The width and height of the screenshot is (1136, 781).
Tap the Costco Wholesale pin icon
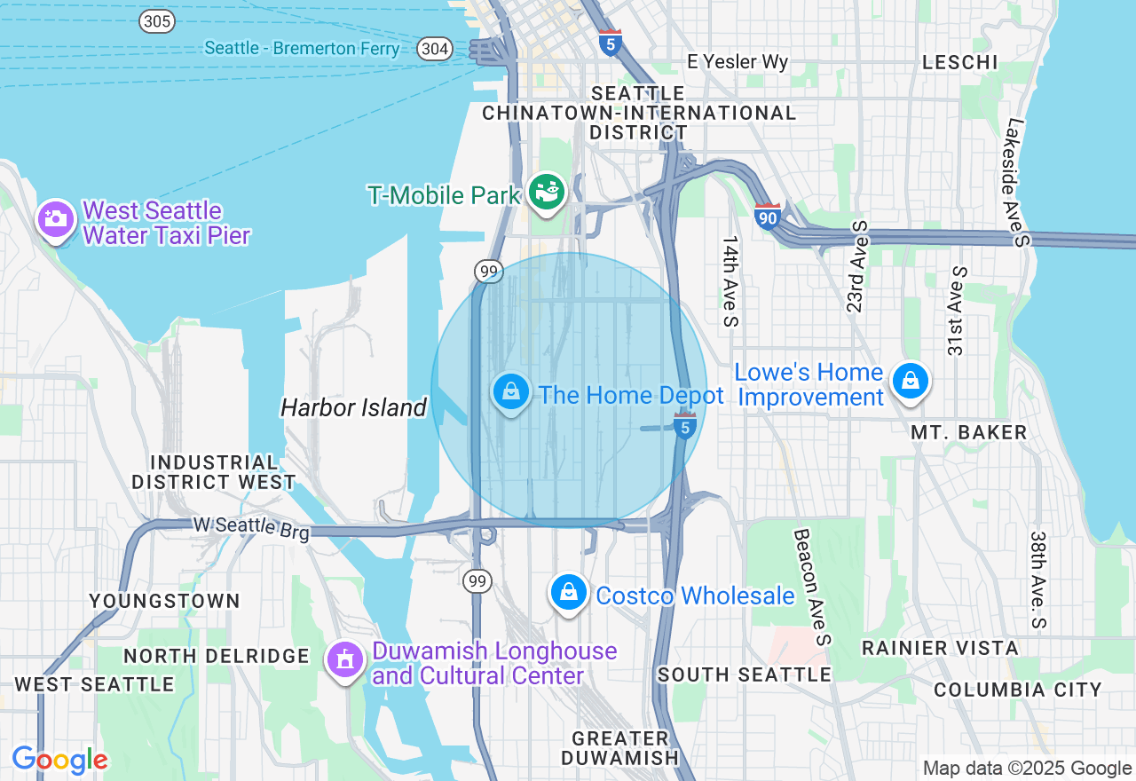tap(568, 591)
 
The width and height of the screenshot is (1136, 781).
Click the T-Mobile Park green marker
tap(547, 190)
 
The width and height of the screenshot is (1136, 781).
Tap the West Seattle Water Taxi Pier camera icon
tap(56, 218)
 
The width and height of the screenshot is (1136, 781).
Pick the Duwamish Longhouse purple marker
tap(345, 659)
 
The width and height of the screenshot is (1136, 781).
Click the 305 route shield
tap(156, 22)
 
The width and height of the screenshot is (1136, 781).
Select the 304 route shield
tap(435, 49)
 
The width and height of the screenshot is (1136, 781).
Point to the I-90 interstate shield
tap(768, 215)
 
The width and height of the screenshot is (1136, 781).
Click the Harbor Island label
tap(353, 408)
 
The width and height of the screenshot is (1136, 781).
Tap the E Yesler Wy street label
tap(738, 62)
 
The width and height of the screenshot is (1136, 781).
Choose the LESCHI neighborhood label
tap(960, 62)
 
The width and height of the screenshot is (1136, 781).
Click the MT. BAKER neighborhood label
tap(969, 432)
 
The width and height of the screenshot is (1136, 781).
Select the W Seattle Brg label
tap(252, 527)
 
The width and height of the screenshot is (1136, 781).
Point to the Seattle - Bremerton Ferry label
tap(302, 48)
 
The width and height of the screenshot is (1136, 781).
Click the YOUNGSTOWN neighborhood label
tap(165, 601)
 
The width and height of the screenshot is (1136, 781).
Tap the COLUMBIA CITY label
tap(1017, 690)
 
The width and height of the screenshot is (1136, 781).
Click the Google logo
tap(59, 760)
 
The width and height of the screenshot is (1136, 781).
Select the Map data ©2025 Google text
tap(1027, 769)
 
